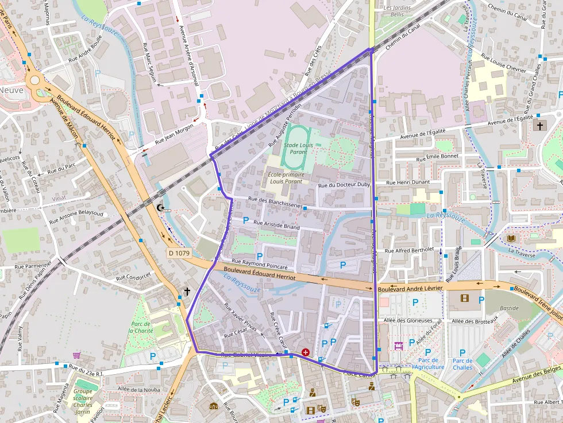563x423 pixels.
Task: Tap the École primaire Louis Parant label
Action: [284, 177]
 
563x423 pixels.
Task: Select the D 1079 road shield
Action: [179, 253]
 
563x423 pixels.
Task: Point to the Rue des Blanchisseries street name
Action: [275, 203]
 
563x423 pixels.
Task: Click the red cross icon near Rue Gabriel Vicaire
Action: [305, 352]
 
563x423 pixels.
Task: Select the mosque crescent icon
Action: [160, 208]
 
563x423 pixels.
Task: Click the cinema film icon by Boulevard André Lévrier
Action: [464, 298]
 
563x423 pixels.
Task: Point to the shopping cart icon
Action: [76, 356]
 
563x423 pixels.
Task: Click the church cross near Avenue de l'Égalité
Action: [539, 125]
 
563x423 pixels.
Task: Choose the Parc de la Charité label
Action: [140, 327]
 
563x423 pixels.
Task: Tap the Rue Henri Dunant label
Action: [408, 183]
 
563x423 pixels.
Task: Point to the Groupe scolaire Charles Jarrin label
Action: [83, 401]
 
